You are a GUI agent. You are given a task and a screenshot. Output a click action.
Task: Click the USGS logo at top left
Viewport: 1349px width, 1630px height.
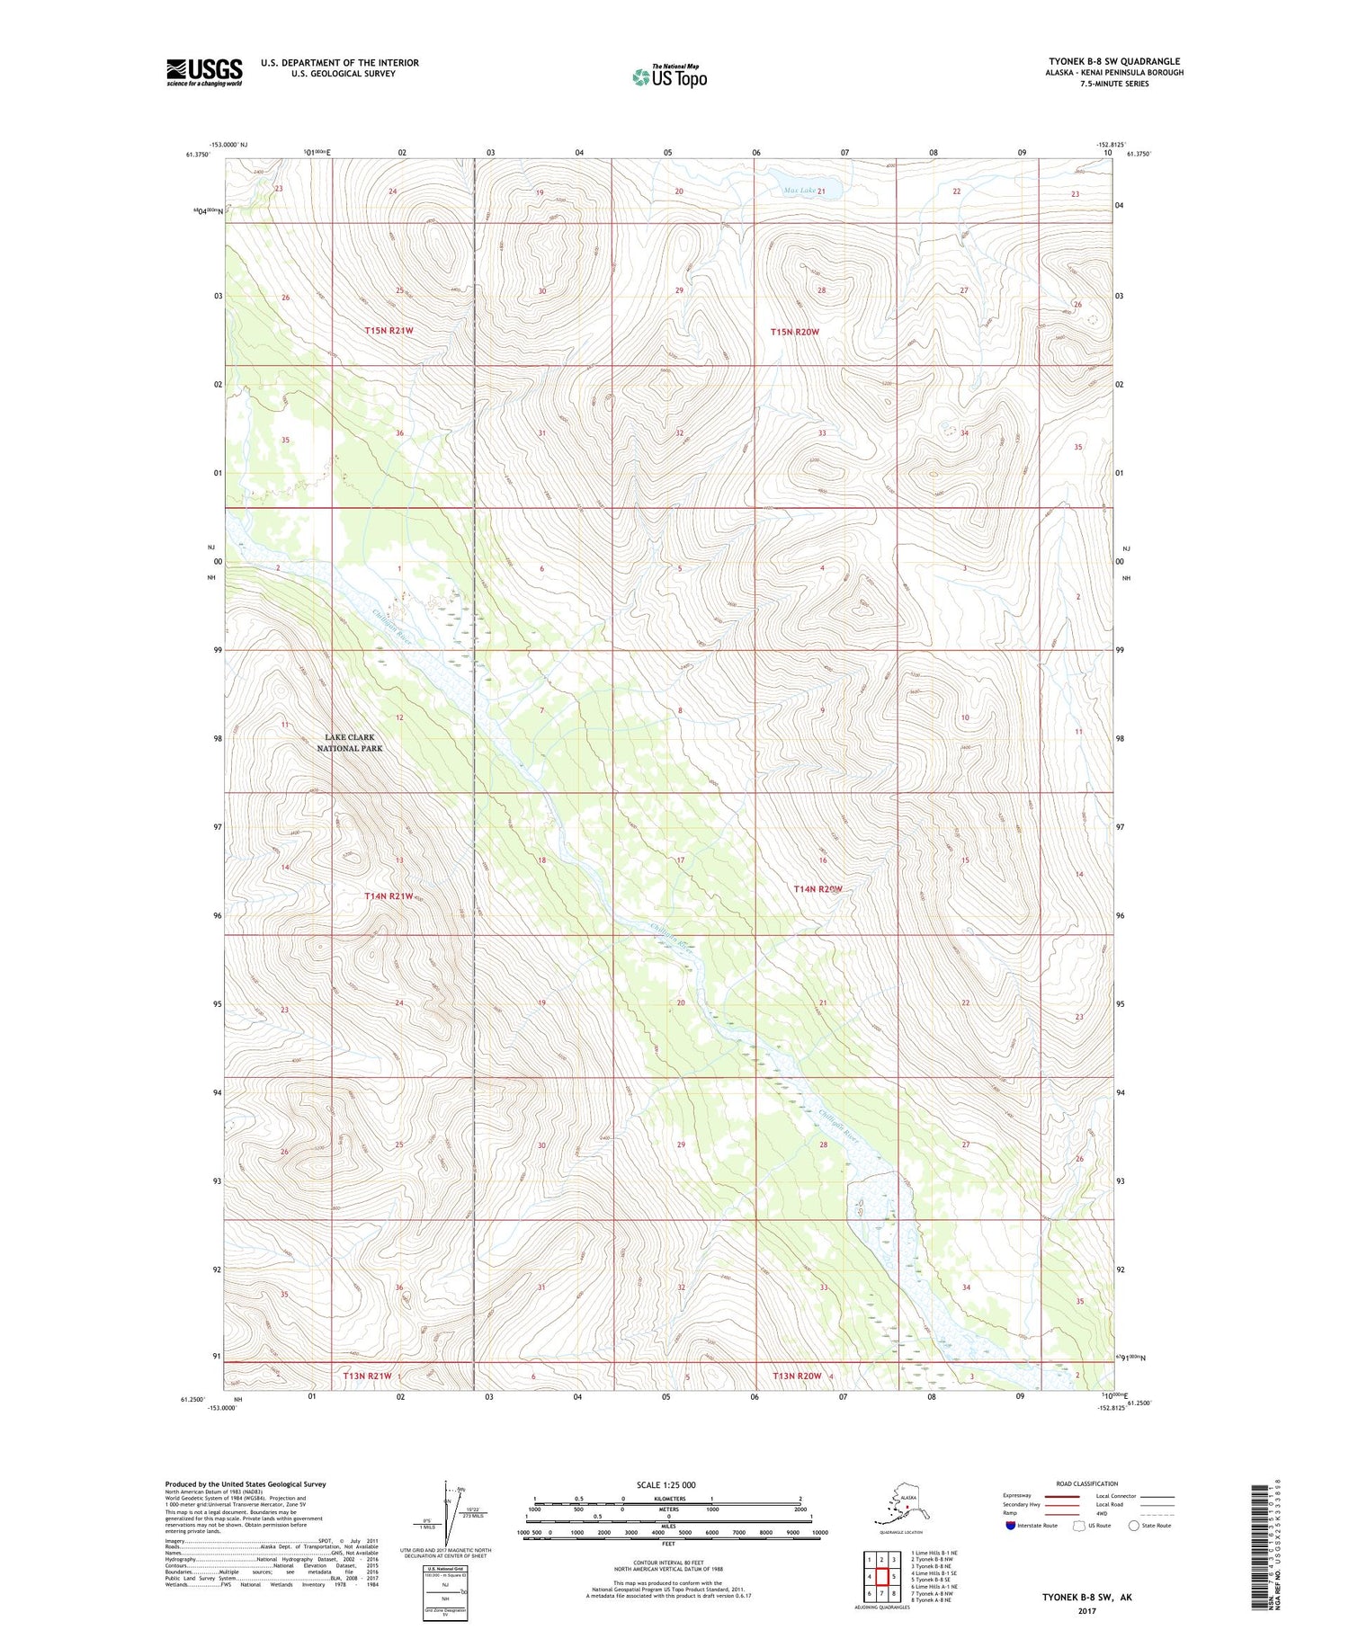[204, 72]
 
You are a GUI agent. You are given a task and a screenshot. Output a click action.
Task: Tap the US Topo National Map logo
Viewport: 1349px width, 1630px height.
[670, 76]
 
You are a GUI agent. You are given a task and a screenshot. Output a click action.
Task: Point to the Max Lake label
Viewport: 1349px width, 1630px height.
[800, 191]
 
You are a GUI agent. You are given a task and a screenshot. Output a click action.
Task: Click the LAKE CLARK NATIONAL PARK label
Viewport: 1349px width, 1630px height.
[350, 743]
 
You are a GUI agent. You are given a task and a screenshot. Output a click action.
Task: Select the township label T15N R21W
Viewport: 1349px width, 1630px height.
[389, 331]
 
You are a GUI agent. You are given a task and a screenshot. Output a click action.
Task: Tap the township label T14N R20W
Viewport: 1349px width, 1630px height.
[817, 889]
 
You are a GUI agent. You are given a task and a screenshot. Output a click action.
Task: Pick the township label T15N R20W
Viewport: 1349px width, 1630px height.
[795, 332]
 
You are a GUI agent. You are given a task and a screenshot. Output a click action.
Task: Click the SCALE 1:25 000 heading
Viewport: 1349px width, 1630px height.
[666, 1484]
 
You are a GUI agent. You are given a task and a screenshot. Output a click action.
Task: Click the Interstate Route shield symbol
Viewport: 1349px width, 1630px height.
[1011, 1526]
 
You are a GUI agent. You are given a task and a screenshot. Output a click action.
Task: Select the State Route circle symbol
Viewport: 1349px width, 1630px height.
[1134, 1526]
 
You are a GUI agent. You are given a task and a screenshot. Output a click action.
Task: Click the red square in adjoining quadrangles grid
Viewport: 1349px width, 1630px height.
[882, 1576]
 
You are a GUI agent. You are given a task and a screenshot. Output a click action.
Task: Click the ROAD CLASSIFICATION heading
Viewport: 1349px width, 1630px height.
[1087, 1484]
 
